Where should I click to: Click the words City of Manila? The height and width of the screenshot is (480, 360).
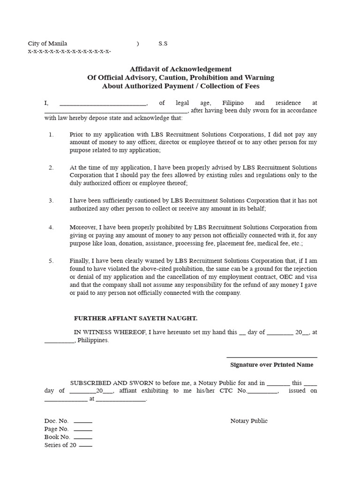click(x=47, y=44)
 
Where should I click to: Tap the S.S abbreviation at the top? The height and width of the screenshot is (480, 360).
click(x=163, y=44)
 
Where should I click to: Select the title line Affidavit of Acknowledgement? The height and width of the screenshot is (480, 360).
click(x=180, y=69)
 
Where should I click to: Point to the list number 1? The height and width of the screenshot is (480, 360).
click(x=51, y=134)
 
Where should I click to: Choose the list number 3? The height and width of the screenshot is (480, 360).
click(x=51, y=201)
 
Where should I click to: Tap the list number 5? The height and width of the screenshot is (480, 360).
click(x=51, y=261)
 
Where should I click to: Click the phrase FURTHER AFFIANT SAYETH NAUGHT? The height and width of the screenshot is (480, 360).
click(x=135, y=318)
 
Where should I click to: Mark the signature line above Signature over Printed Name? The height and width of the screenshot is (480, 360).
click(x=271, y=357)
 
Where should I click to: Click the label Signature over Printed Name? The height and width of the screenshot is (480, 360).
click(x=271, y=365)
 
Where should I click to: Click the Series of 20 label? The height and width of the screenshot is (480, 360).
click(x=60, y=445)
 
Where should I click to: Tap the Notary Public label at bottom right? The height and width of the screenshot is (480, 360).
click(x=249, y=421)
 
